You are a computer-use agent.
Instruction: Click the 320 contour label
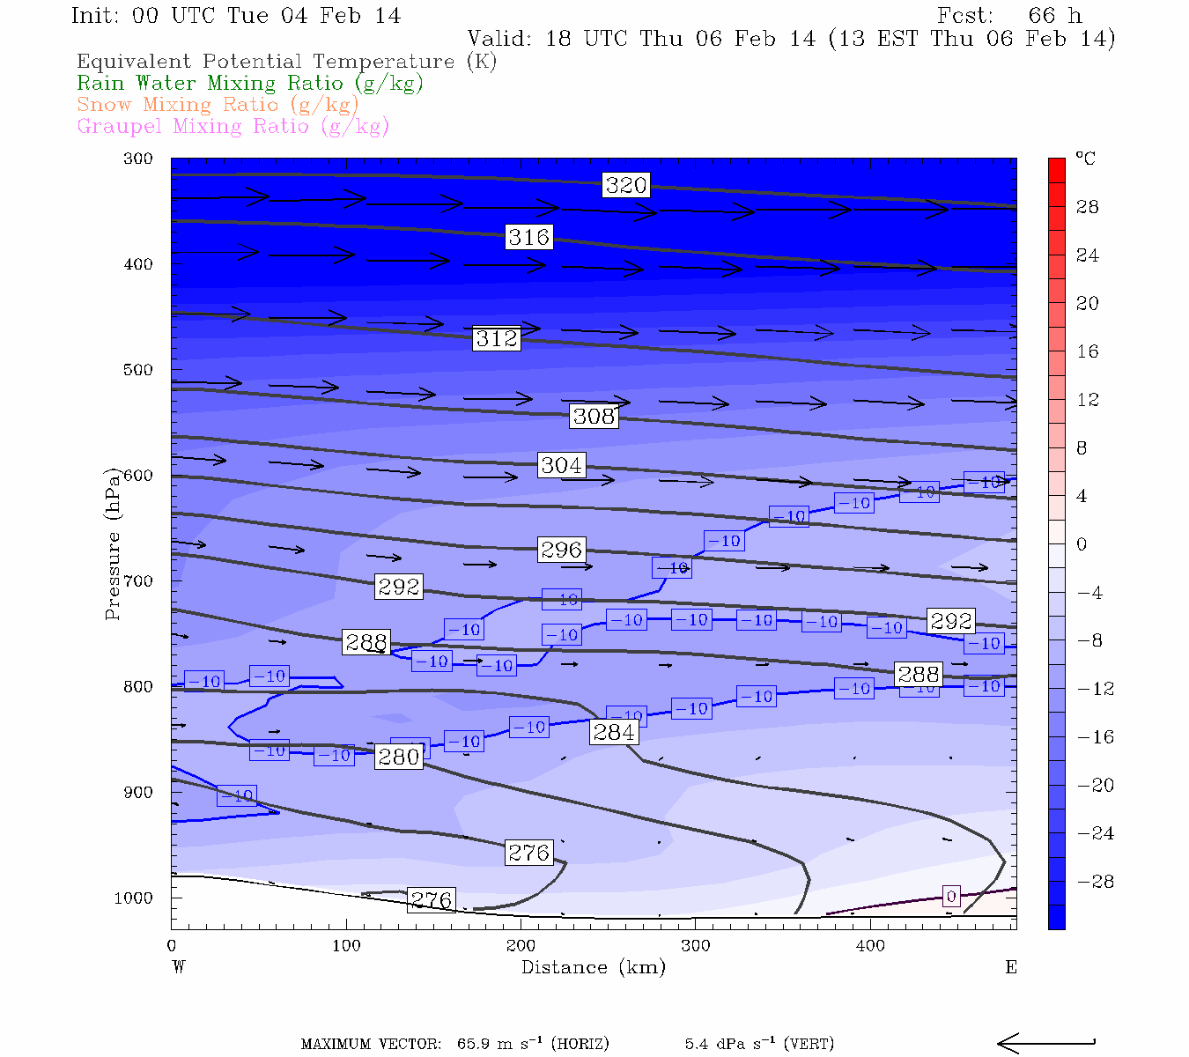(x=626, y=185)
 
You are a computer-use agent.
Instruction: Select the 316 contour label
(x=529, y=237)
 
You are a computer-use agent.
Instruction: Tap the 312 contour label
(x=497, y=339)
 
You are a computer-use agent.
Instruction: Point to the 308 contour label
(x=594, y=416)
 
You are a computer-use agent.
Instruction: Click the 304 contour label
(x=561, y=465)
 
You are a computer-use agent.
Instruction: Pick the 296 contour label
(x=561, y=550)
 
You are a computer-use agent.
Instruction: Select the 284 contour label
(x=614, y=732)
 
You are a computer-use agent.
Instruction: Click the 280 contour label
(x=399, y=757)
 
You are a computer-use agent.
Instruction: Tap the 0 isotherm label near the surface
(x=951, y=897)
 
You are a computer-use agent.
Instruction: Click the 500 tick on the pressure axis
(x=138, y=370)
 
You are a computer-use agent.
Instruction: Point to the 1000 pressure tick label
(x=134, y=898)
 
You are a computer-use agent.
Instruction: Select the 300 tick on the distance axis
(x=696, y=946)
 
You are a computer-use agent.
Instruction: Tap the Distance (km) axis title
(x=594, y=967)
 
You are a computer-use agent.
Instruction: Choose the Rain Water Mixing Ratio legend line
(x=250, y=84)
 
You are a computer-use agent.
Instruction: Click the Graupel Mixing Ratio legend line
(x=233, y=126)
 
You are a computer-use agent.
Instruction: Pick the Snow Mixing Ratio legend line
(x=218, y=105)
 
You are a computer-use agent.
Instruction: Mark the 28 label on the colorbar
(x=1088, y=207)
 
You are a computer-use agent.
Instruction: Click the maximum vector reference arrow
(x=1045, y=1044)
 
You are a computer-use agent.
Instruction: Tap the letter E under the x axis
(x=1011, y=967)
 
